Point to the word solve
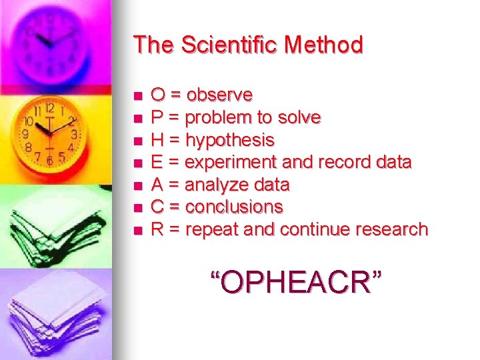tap(298, 118)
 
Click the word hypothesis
tap(229, 141)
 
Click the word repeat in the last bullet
tap(210, 229)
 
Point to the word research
tap(391, 229)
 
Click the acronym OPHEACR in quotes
tap(297, 282)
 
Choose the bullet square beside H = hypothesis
tap(138, 141)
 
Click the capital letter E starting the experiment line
tap(157, 163)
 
